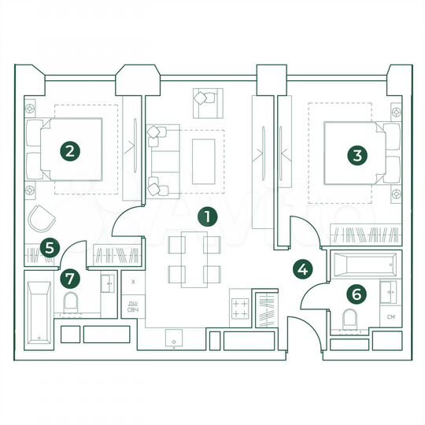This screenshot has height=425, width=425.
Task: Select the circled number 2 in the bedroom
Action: pos(71,150)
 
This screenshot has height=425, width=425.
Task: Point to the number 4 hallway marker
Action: pos(302,268)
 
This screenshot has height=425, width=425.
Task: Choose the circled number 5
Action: pos(50,249)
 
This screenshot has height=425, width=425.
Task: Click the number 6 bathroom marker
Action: pos(357,294)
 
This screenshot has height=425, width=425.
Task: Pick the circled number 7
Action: pos(71,278)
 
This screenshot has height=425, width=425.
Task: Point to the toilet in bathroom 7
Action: pos(71,303)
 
